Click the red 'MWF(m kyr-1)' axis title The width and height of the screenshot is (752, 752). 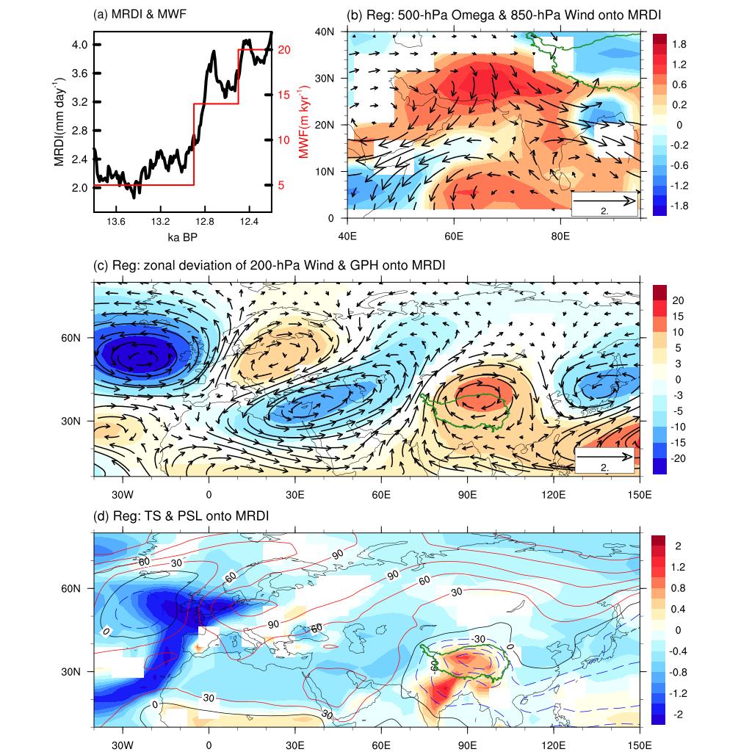303,121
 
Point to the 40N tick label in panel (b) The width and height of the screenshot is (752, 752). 335,31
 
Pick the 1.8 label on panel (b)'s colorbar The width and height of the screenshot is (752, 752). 679,44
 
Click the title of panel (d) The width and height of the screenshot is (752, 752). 181,517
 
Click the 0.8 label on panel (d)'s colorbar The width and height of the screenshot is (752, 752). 679,587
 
